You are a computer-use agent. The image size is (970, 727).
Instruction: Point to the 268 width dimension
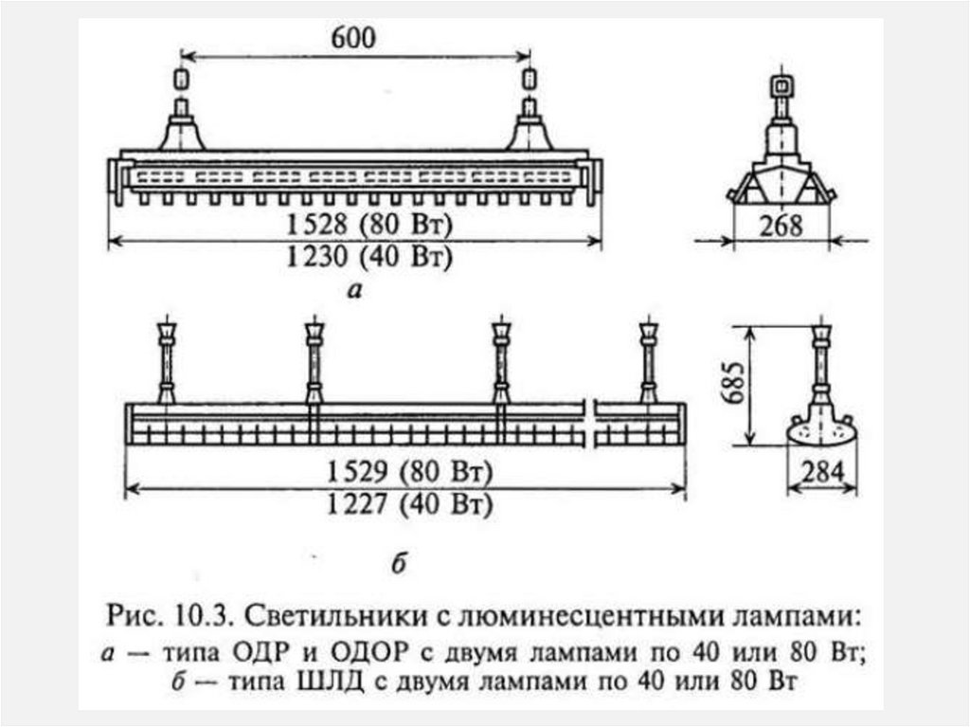click(780, 227)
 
